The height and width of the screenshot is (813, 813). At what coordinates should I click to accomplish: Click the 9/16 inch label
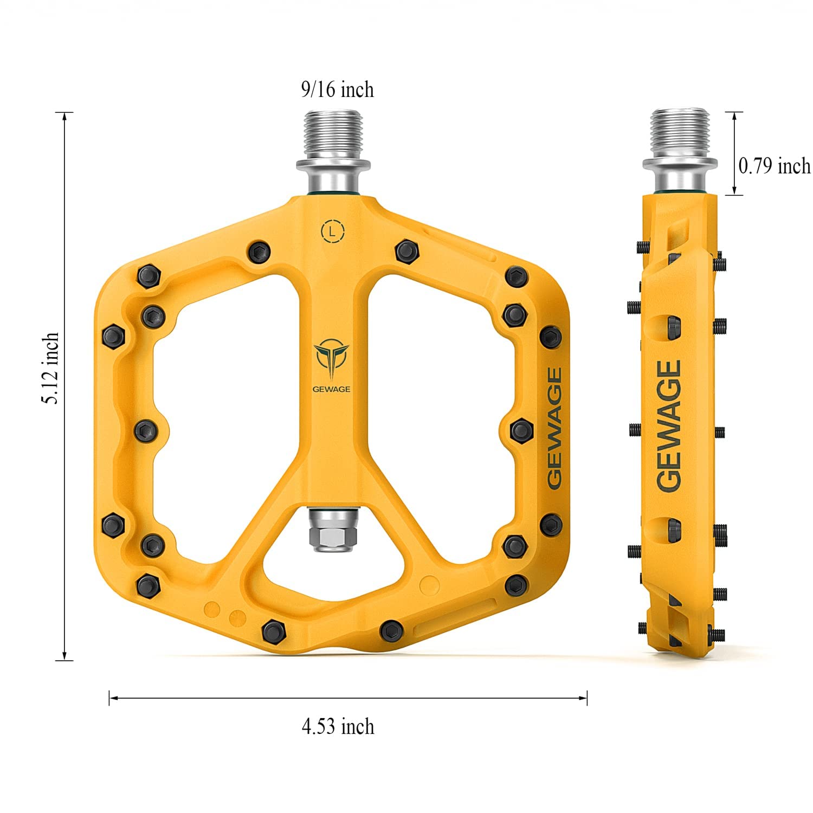pos(338,89)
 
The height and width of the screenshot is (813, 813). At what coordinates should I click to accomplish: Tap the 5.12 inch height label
pos(51,368)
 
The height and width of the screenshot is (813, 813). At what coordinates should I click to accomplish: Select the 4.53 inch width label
pos(338,726)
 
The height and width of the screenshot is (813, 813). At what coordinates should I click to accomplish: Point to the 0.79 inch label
pos(775,165)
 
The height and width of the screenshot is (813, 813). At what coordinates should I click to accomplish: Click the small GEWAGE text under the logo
pos(331,389)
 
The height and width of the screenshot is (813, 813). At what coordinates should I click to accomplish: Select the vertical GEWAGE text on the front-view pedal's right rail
pos(554,428)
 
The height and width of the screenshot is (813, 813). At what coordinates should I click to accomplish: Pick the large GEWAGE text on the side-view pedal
pos(669,427)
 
